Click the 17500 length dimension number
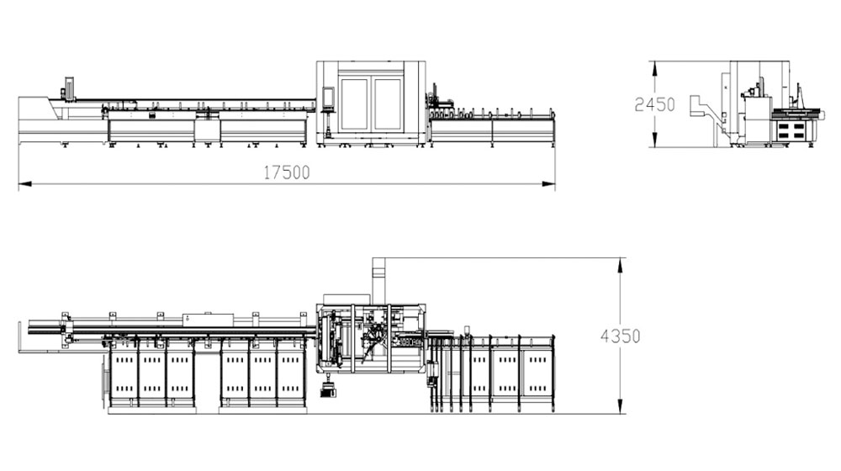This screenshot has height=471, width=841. tap(287, 172)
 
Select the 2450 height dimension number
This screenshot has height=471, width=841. tap(654, 104)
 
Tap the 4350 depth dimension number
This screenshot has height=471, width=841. tap(621, 336)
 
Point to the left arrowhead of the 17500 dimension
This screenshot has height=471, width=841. tap(24, 184)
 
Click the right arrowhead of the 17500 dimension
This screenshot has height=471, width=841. tap(548, 184)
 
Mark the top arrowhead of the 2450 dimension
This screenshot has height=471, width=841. tap(653, 67)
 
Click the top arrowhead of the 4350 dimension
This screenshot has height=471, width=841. tap(621, 264)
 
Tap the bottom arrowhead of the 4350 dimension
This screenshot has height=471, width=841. tap(621, 406)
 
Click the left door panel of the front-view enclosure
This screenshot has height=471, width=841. tap(354, 104)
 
